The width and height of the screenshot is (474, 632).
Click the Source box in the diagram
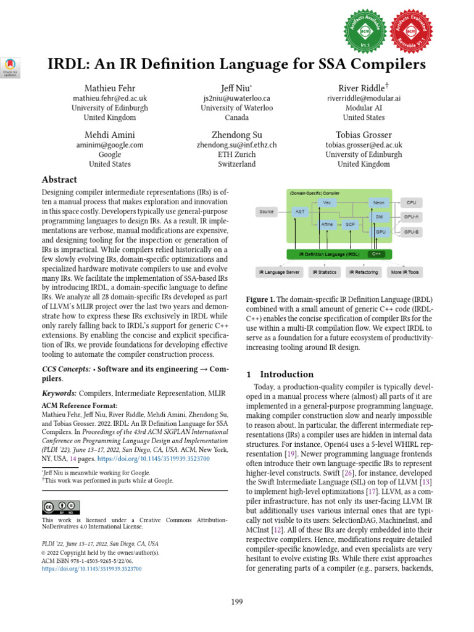click(267, 212)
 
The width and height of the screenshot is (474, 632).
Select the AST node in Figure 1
click(301, 212)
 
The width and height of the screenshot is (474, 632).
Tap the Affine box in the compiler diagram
click(327, 225)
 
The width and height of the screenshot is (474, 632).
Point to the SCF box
click(349, 225)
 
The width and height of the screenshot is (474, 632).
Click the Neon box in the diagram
click(378, 202)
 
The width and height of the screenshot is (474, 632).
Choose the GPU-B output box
click(412, 232)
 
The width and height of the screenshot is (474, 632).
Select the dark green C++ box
click(376, 254)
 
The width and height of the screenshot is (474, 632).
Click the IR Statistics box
click(324, 271)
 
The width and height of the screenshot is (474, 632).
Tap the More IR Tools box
click(405, 271)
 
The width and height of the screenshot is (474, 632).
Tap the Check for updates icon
click(12, 66)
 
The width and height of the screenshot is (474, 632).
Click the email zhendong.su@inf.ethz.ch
click(236, 145)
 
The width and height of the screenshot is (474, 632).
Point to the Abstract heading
click(59, 180)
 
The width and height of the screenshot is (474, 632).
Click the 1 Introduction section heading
click(280, 374)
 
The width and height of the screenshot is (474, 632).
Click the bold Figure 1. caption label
click(264, 299)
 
